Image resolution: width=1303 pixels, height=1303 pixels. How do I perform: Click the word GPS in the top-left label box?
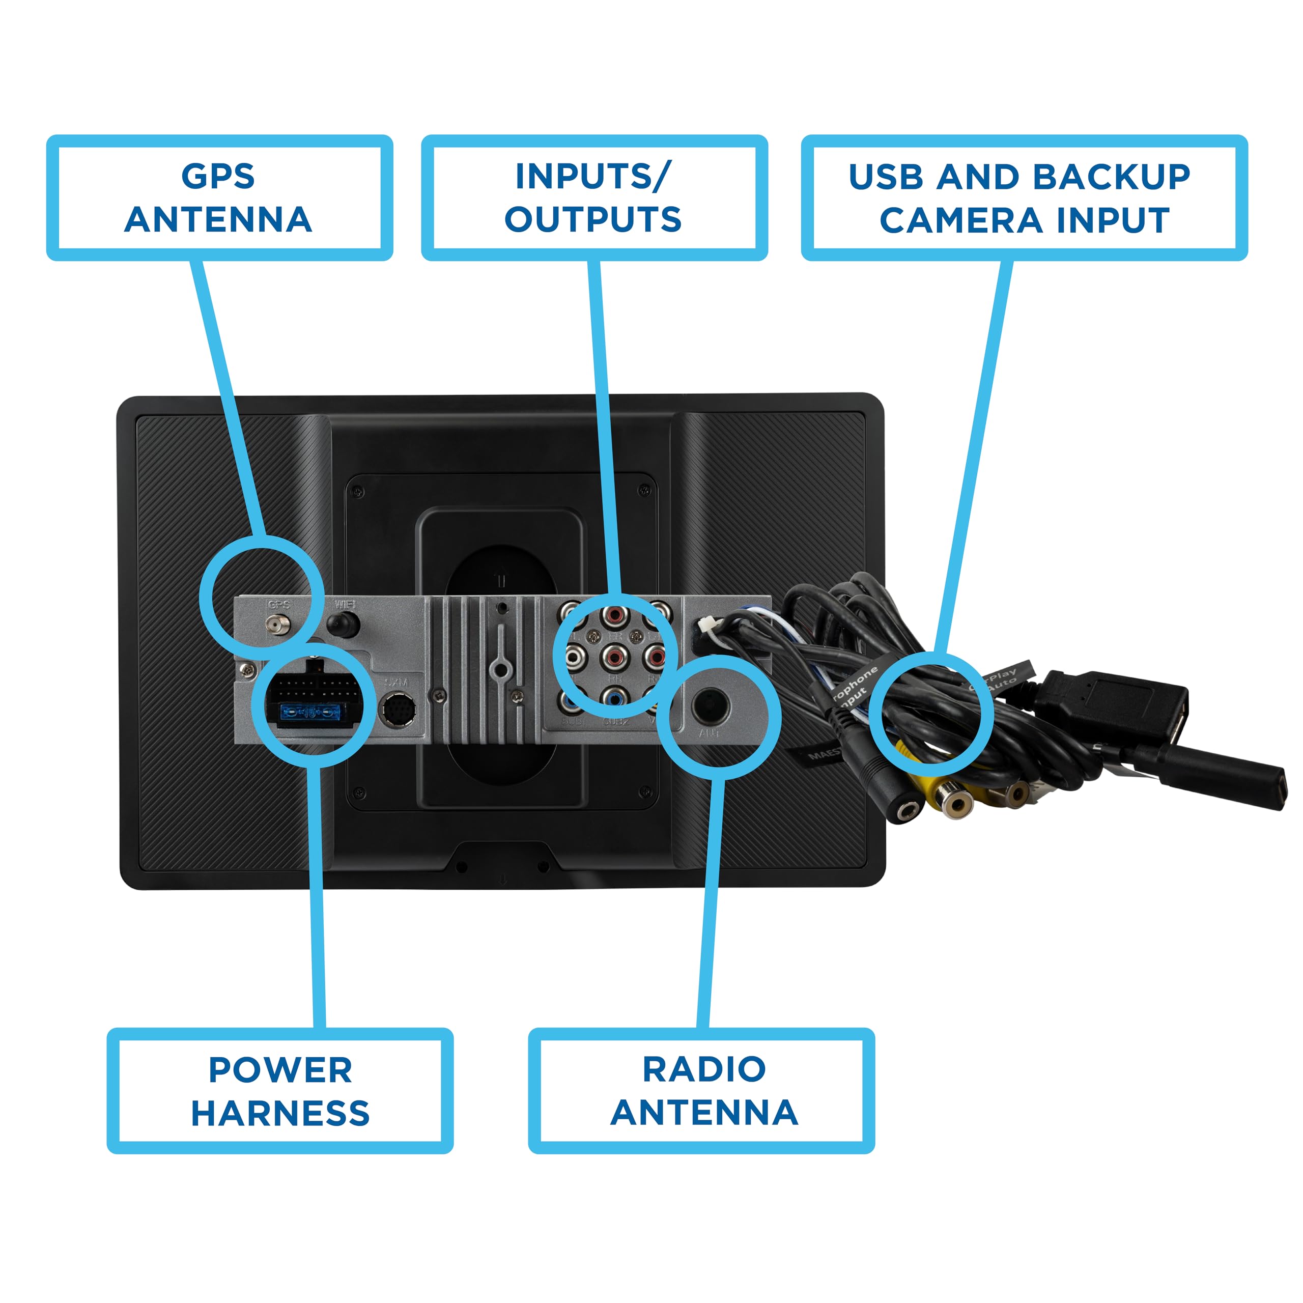point(218,177)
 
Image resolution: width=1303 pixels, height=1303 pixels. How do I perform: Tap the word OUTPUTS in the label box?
point(593,220)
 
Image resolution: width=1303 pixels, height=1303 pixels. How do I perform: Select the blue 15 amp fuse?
point(309,712)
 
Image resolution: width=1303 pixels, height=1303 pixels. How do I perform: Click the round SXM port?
point(399,710)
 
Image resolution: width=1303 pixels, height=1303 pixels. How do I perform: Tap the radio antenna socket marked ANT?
point(710,705)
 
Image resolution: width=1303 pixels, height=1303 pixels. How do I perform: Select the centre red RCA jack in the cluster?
point(614,655)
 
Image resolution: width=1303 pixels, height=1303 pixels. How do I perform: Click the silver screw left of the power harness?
point(247,670)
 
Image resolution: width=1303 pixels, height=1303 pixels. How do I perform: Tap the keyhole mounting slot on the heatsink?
point(500,668)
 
